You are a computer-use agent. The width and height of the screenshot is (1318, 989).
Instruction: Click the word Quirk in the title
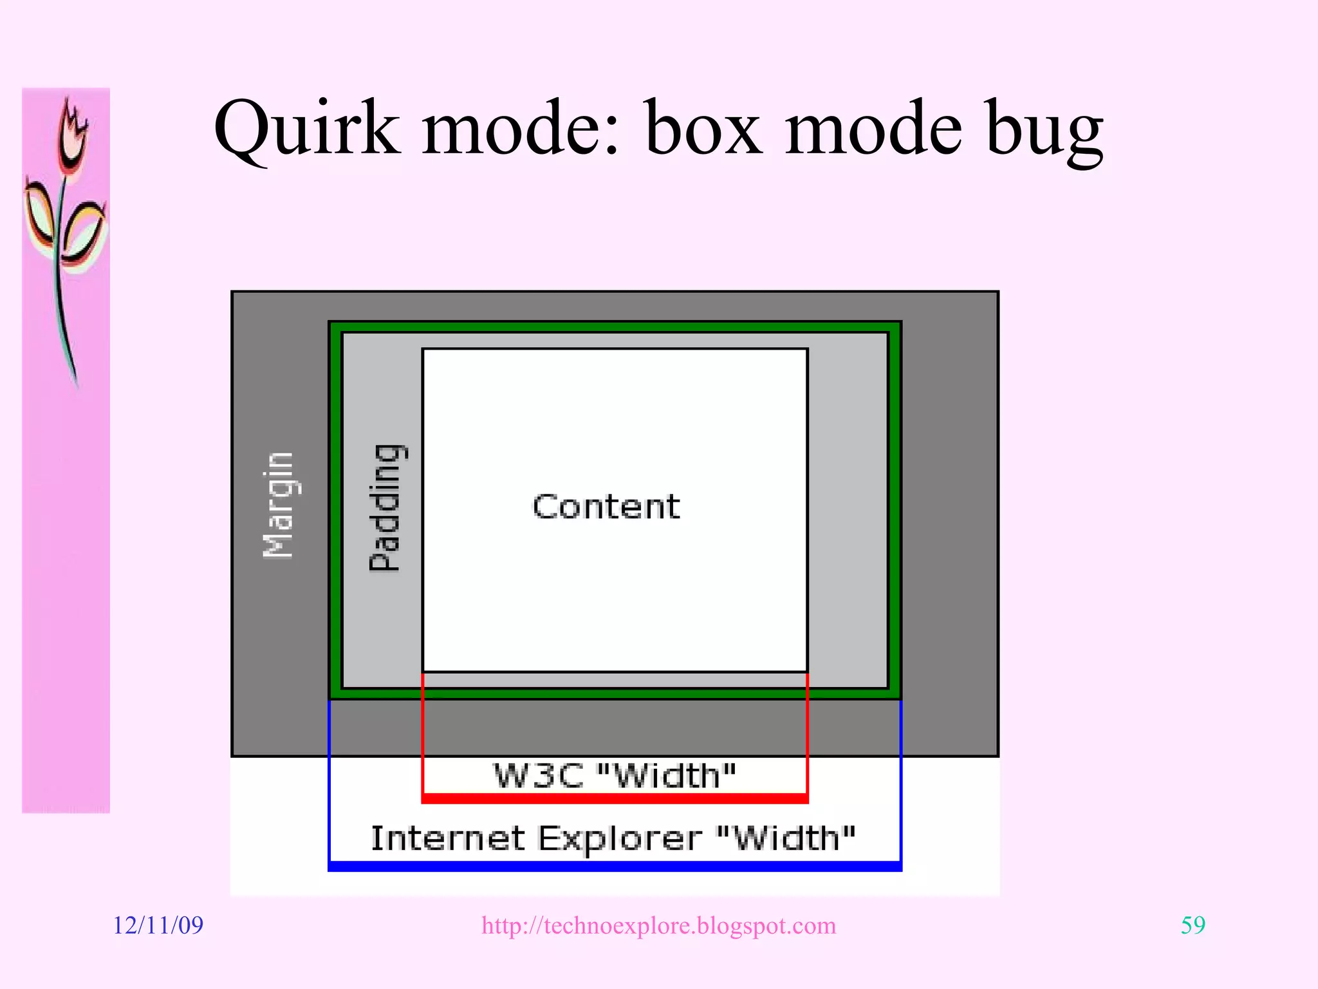click(306, 129)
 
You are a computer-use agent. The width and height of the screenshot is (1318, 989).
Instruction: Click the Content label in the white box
click(606, 507)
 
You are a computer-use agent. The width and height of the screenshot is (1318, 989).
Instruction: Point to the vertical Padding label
click(386, 507)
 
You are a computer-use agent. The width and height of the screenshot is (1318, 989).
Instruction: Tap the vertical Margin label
click(279, 505)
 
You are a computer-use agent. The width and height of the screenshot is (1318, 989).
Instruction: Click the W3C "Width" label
click(614, 775)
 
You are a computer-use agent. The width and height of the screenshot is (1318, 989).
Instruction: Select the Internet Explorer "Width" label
click(613, 838)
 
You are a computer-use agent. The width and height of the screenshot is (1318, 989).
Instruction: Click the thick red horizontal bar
click(615, 798)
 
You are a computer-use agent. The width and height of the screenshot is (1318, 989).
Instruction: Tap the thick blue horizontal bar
click(615, 866)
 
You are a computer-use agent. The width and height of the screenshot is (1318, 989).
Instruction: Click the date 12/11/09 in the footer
click(158, 925)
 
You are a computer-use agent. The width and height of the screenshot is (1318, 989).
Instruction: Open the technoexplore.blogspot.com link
click(658, 925)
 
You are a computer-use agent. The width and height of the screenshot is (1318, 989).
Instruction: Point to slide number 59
click(1193, 925)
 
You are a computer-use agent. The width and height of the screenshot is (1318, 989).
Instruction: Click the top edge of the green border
click(615, 327)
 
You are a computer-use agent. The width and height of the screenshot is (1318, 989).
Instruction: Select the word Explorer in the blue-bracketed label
click(618, 838)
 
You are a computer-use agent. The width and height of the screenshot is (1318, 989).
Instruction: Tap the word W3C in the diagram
click(538, 775)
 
